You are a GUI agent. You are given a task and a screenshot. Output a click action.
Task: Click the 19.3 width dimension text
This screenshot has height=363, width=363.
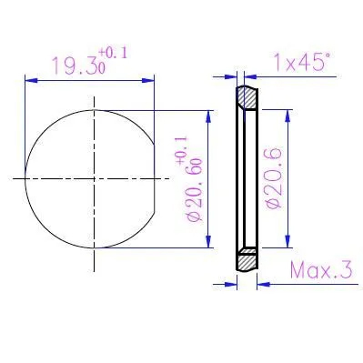[79, 66]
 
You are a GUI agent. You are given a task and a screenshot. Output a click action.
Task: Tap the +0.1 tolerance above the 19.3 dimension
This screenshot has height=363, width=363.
[113, 54]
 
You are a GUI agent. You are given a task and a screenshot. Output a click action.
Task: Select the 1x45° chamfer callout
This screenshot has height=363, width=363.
[301, 62]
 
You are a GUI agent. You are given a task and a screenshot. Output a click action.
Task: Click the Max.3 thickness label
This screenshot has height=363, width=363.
[322, 270]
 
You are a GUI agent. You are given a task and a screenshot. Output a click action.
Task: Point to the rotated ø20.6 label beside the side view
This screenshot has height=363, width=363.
[274, 178]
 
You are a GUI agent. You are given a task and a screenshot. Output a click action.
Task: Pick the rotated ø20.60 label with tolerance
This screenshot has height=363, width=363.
[190, 179]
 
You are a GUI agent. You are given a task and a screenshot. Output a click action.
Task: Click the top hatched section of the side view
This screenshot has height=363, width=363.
[247, 97]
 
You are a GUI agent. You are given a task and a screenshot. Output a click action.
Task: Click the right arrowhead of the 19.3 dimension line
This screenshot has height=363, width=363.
[148, 80]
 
